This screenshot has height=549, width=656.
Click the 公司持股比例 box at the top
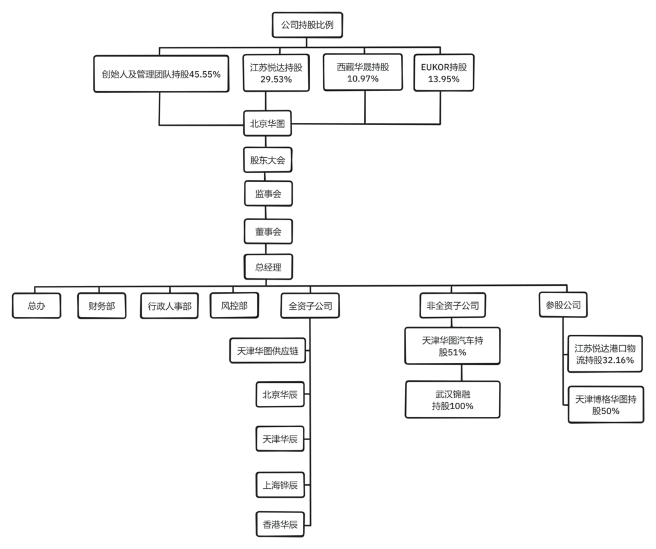pyautogui.click(x=307, y=25)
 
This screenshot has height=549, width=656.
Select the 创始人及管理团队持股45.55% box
pyautogui.click(x=161, y=74)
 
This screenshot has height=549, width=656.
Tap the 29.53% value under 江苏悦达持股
pyautogui.click(x=276, y=80)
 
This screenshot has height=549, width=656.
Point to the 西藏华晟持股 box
pyautogui.click(x=363, y=72)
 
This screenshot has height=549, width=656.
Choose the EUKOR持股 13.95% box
pyautogui.click(x=444, y=72)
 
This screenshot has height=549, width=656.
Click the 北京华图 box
pyautogui.click(x=267, y=124)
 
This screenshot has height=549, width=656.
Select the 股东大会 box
pyautogui.click(x=268, y=160)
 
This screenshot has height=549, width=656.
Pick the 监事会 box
pyautogui.click(x=268, y=194)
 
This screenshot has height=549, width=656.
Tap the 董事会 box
pyautogui.click(x=268, y=232)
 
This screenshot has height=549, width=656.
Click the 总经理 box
pyautogui.click(x=268, y=267)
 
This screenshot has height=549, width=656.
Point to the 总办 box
pyautogui.click(x=37, y=306)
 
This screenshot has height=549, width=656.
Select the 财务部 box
pyautogui.click(x=102, y=306)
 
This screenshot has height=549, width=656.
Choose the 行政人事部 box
pyautogui.click(x=169, y=306)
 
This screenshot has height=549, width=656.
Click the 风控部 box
pyautogui.click(x=234, y=306)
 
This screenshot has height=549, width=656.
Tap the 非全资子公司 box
pyautogui.click(x=453, y=306)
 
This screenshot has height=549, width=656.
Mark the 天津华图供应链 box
pyautogui.click(x=268, y=351)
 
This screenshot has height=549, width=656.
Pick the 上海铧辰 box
pyautogui.click(x=280, y=485)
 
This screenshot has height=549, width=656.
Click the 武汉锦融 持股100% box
pyautogui.click(x=453, y=400)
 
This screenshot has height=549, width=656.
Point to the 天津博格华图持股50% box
pyautogui.click(x=606, y=405)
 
